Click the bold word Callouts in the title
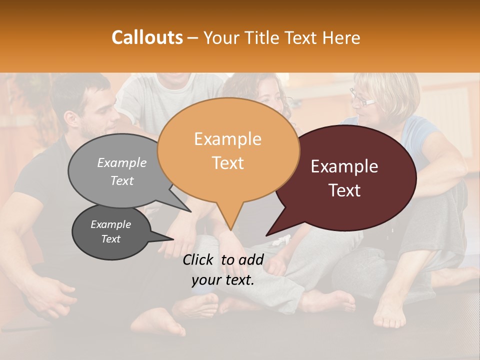pyautogui.click(x=147, y=37)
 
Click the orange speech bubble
pyautogui.click(x=228, y=150)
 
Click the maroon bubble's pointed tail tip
pyautogui.click(x=267, y=235)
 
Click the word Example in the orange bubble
pyautogui.click(x=228, y=138)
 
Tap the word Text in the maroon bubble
pyautogui.click(x=344, y=190)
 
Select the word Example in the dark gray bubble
pyautogui.click(x=111, y=224)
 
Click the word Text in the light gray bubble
pyautogui.click(x=122, y=181)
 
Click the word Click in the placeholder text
pyautogui.click(x=200, y=259)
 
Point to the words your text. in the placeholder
pyautogui.click(x=223, y=280)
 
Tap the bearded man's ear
pyautogui.click(x=71, y=119)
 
